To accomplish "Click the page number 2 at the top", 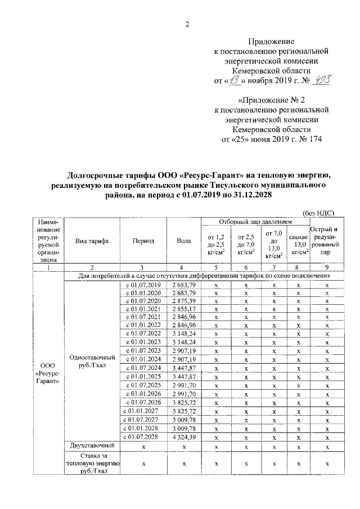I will [x=187, y=24].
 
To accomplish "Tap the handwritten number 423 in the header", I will [x=320, y=80].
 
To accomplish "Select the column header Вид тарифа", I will [x=92, y=241].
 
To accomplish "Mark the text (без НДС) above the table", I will [x=319, y=213].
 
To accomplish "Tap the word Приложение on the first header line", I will [x=272, y=42].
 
